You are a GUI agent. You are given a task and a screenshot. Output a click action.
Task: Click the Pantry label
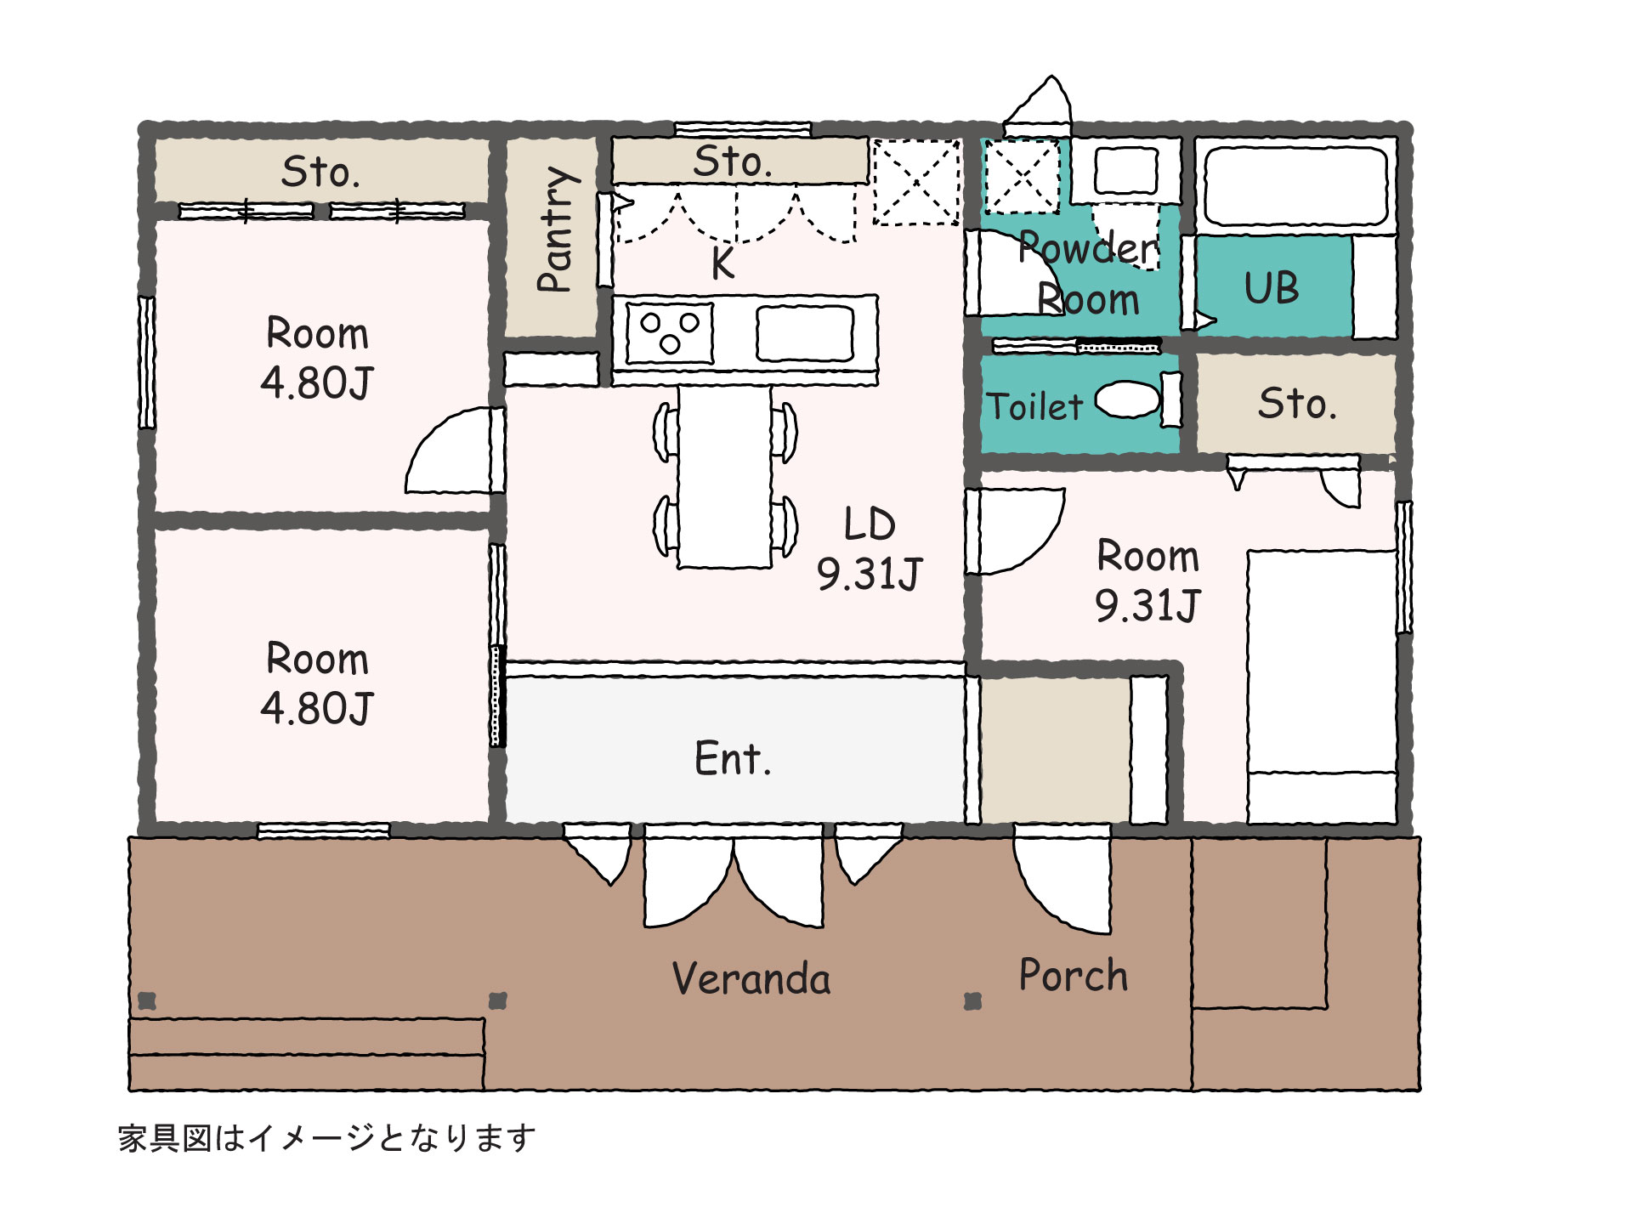coord(558,229)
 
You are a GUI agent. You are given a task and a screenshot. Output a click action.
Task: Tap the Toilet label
coord(1034,406)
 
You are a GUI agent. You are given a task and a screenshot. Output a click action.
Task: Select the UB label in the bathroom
coord(1272,288)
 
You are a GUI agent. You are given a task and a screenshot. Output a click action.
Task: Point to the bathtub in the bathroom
coord(1296,186)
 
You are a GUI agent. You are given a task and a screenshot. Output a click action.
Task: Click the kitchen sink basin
coord(804,333)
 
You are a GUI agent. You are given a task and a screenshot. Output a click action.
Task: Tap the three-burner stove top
coord(670,333)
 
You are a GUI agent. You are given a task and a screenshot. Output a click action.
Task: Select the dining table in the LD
coord(725,477)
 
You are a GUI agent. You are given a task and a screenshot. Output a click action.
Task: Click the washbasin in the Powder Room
coord(1125,171)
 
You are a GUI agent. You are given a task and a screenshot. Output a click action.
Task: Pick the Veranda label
coord(751,978)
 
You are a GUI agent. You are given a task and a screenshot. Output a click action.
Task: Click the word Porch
coord(1073,975)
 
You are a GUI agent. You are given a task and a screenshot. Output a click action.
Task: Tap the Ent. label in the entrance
coord(733,758)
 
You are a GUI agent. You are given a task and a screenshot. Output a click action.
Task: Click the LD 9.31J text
coord(869,549)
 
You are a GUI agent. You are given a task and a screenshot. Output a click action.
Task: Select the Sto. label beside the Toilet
coord(1297,403)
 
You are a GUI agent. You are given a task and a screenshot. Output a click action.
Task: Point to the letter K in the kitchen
coord(722,263)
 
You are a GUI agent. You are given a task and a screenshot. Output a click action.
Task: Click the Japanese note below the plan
coord(327,1138)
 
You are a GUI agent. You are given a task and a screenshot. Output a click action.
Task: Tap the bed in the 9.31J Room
coord(1322,687)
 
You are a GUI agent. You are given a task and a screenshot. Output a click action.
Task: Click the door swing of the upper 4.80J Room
coord(450,450)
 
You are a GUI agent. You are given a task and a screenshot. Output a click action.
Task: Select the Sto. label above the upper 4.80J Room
coord(320,172)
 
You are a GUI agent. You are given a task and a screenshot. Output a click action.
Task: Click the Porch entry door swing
coord(1062,880)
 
